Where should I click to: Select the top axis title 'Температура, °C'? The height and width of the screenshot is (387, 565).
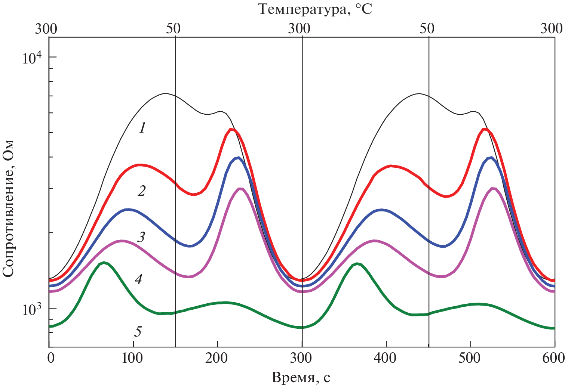315,9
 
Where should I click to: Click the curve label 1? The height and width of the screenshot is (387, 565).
142,128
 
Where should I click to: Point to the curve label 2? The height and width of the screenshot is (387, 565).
142,191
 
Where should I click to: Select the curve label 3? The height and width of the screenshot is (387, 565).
141,237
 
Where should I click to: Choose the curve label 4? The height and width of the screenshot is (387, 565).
138,279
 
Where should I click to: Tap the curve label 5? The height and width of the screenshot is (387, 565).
138,331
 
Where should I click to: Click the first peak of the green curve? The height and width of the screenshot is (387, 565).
104,263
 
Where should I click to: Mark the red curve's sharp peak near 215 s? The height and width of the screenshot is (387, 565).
231,129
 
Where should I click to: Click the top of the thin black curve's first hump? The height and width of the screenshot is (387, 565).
165,94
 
